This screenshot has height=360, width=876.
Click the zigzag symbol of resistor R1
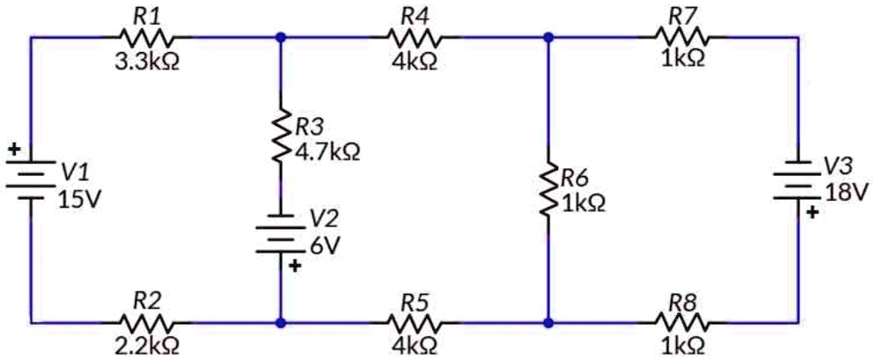pos(146,38)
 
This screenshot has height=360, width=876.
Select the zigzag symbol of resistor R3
pos(280,136)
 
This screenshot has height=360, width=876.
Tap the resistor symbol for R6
pos(548,187)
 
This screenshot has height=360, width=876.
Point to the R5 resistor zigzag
pos(414,323)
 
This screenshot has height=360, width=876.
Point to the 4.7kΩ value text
pos(328,152)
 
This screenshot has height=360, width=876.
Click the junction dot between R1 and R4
pos(280,38)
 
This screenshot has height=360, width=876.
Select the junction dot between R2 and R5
pos(280,323)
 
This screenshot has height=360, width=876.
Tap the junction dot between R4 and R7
pos(548,38)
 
